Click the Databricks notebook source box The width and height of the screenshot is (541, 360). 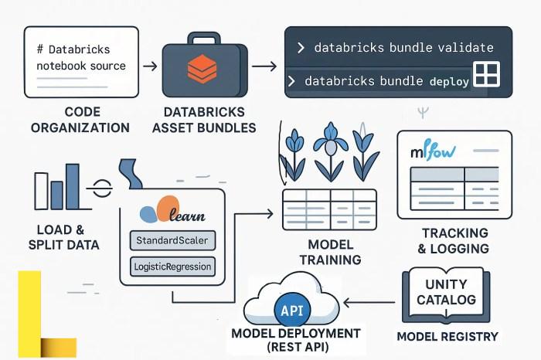tap(81, 62)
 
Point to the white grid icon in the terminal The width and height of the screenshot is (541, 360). tap(488, 75)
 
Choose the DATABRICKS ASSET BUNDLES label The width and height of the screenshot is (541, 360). tap(204, 120)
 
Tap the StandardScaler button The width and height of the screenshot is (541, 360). tap(172, 240)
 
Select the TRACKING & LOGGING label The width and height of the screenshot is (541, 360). tap(454, 240)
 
